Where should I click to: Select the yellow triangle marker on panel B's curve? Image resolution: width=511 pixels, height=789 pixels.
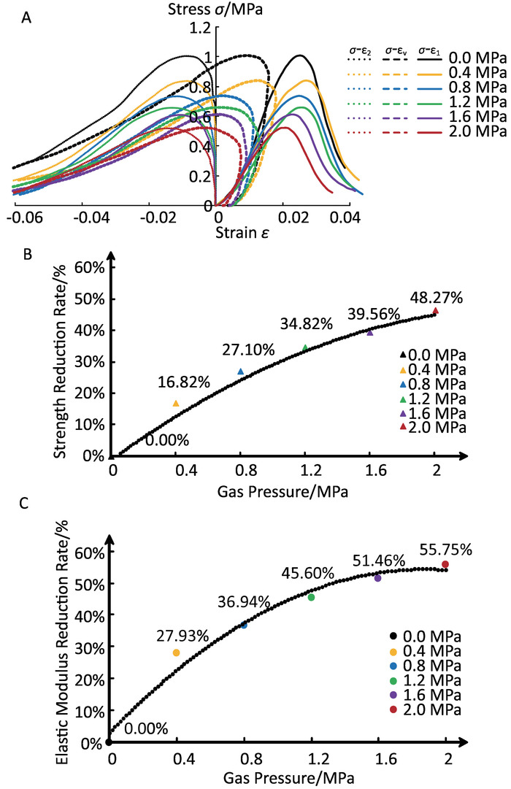pyautogui.click(x=175, y=403)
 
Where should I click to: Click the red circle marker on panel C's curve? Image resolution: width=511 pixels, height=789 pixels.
pyautogui.click(x=445, y=565)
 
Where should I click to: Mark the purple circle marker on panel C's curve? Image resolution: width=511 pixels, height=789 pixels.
pyautogui.click(x=377, y=578)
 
